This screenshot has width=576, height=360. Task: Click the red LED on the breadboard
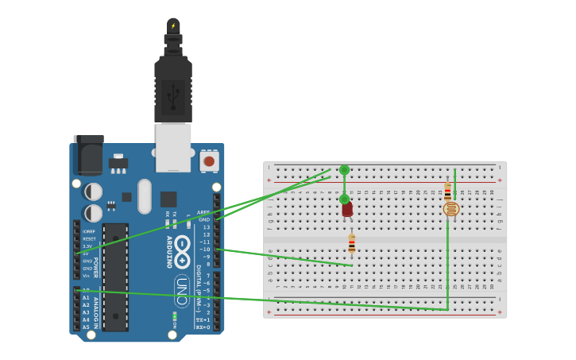[347, 209]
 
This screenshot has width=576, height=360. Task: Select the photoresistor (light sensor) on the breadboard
[450, 209]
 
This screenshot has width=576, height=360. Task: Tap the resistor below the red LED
[351, 242]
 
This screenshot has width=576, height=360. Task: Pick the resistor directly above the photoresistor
[447, 191]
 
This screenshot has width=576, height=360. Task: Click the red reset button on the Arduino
[209, 161]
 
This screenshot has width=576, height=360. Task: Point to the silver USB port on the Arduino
[172, 148]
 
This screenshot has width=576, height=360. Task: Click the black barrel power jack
[88, 154]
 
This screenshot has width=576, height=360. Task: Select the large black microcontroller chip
[115, 277]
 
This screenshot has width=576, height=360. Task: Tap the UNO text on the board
[181, 291]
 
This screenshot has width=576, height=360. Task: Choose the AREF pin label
[204, 212]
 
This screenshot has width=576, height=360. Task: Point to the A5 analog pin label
[86, 327]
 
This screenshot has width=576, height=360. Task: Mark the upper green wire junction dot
[344, 169]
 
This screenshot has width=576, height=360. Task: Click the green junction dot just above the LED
[344, 199]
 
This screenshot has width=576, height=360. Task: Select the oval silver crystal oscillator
[144, 195]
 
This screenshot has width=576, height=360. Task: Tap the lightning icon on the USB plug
[173, 25]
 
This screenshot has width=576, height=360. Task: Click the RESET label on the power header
[89, 238]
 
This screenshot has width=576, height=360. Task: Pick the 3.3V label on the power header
[87, 246]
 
